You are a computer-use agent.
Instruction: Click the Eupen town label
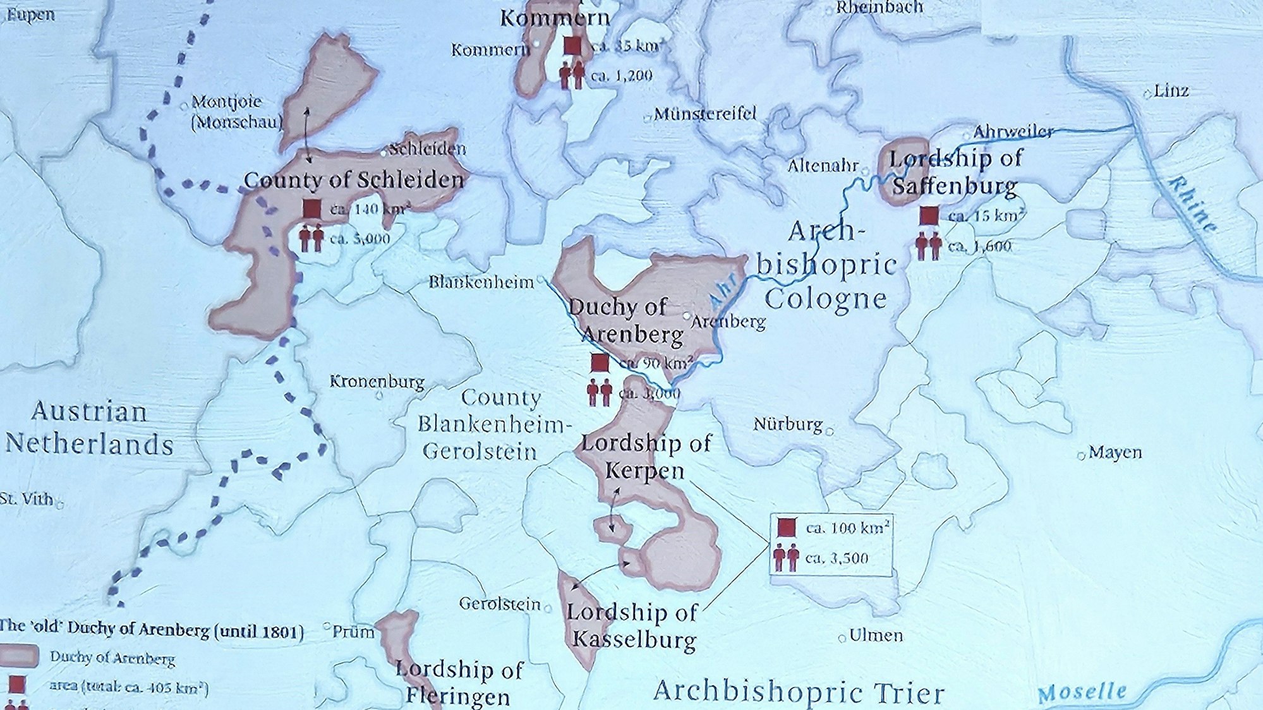[x=30, y=15]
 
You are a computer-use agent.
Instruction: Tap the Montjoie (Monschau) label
[x=236, y=111]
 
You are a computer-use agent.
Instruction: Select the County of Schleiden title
[x=354, y=180]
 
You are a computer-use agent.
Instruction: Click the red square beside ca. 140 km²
[x=311, y=208]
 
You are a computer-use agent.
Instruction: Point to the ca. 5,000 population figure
[x=360, y=239]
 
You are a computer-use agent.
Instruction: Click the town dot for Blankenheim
[x=541, y=278]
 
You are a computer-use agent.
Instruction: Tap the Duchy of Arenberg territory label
[x=625, y=320]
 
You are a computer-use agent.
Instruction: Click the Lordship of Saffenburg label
[x=955, y=172]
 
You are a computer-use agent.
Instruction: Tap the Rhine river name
[x=1191, y=204]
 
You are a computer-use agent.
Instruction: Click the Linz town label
[x=1171, y=91]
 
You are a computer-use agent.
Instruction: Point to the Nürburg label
[x=787, y=424]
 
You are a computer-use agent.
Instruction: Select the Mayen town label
[x=1115, y=452]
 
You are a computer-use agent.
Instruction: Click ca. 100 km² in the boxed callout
[x=848, y=527]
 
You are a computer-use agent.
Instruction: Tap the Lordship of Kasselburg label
[x=632, y=625]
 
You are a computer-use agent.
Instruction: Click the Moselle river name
[x=1082, y=692]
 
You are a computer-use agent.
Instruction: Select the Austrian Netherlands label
[x=89, y=428]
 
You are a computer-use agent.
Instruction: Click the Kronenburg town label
[x=377, y=381]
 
